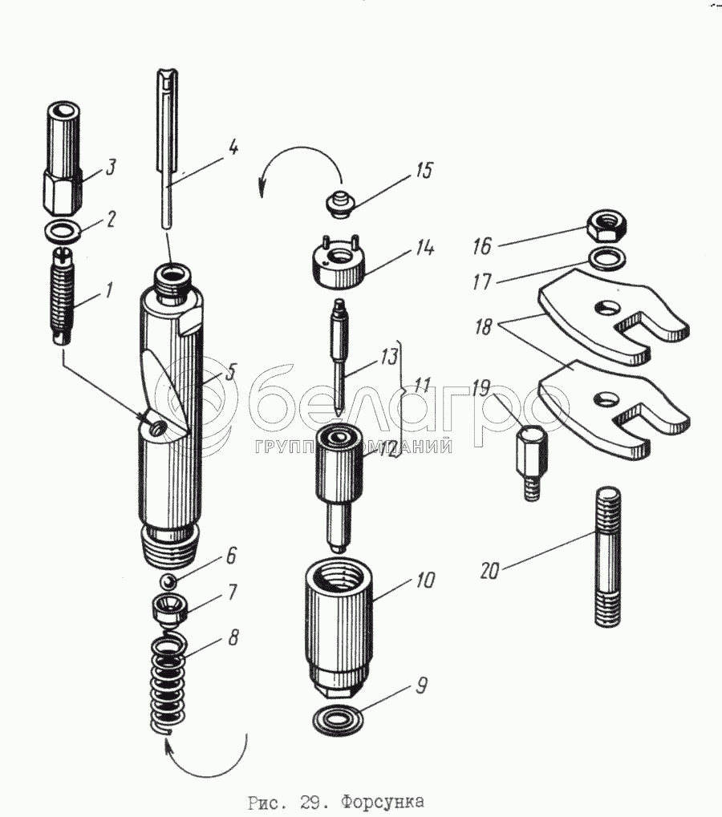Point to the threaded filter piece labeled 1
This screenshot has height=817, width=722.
point(62,297)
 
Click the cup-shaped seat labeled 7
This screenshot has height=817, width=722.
point(170,613)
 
